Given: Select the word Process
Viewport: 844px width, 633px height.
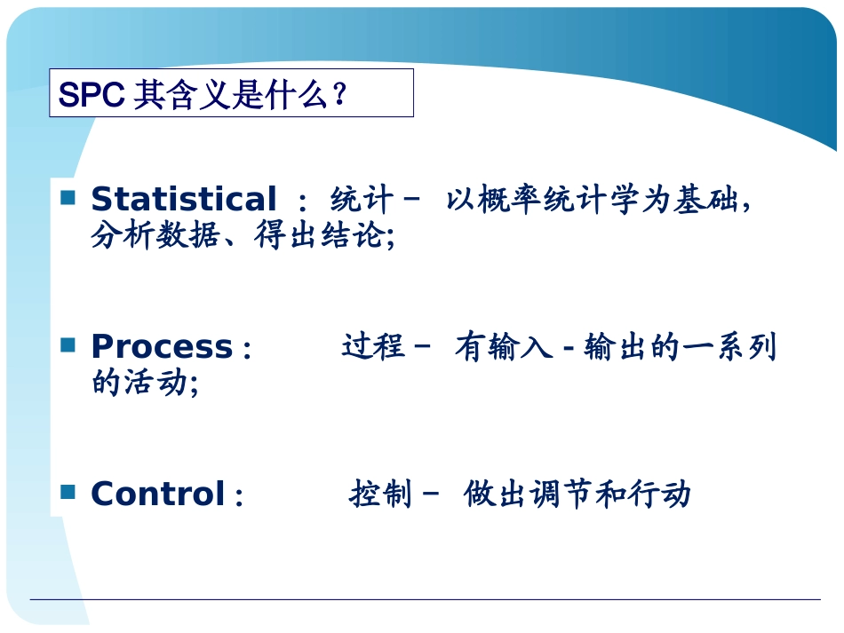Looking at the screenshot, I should coord(162,346).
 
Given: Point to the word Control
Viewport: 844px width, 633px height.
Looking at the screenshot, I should coord(158,494).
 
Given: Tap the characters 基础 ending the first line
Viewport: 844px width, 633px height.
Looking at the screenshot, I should coord(705,200).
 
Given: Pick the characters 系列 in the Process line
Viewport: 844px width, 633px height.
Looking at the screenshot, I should coord(745,346).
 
